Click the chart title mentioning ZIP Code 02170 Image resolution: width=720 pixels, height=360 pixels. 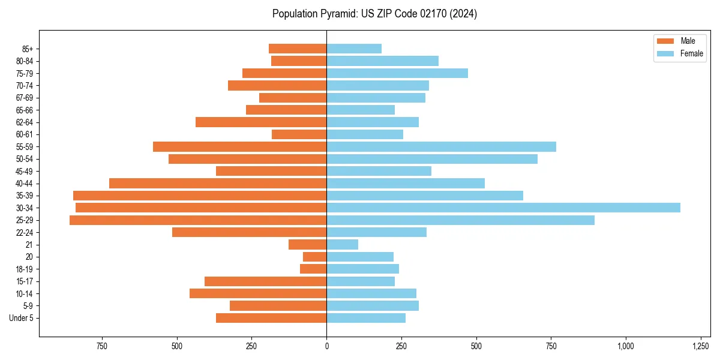click(x=374, y=14)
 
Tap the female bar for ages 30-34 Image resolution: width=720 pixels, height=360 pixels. click(x=503, y=208)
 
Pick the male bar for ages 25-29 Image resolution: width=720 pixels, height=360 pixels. click(x=198, y=220)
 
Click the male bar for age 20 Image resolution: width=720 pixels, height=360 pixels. click(x=314, y=257)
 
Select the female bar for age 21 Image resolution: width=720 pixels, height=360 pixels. click(x=342, y=245)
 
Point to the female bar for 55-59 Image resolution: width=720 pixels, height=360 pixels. click(x=441, y=146)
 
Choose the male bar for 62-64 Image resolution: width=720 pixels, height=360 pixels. click(x=261, y=122)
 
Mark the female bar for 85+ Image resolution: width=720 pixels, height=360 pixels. click(x=354, y=49)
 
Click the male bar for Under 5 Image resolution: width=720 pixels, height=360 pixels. click(x=271, y=318)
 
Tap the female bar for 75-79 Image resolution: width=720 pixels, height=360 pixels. click(x=397, y=73)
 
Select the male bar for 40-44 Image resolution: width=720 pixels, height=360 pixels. click(x=218, y=183)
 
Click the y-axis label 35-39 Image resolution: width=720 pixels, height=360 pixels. click(x=25, y=196)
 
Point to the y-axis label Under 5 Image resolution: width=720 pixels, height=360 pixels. click(x=22, y=318)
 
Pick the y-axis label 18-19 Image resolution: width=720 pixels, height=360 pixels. click(x=25, y=269)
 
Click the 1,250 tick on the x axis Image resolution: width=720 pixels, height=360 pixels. click(x=700, y=346)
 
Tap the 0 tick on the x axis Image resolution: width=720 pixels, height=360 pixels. click(x=326, y=346)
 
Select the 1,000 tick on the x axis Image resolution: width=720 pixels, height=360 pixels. click(x=626, y=346)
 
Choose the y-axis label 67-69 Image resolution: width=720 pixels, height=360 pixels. click(x=25, y=98)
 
